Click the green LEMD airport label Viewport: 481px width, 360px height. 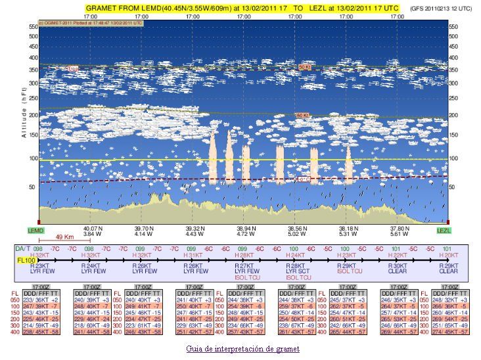[x=35, y=231]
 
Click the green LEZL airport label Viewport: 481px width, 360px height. [x=445, y=231]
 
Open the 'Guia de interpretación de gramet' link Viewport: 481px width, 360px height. [x=242, y=348]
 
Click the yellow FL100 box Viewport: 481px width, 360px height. [x=24, y=261]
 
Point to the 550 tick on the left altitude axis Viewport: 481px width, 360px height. [x=32, y=26]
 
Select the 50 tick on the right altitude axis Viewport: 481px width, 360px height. [x=453, y=187]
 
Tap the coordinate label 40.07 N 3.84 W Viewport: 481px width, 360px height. [x=91, y=231]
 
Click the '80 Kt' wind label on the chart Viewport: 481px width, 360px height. [x=304, y=67]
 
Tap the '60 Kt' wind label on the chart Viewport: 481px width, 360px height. [x=301, y=115]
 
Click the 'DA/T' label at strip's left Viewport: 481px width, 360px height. [x=22, y=249]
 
